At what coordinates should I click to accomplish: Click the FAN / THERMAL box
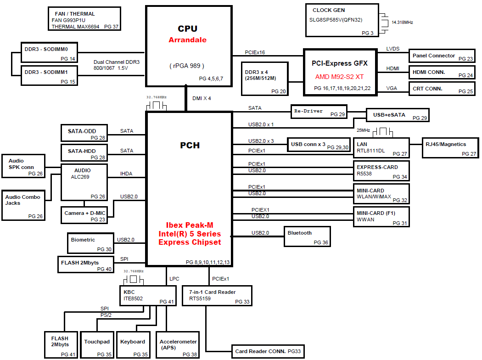tap(84, 19)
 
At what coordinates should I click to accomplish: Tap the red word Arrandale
tap(187, 40)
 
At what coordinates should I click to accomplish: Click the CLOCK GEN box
tap(342, 20)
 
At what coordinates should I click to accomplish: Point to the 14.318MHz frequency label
tap(402, 22)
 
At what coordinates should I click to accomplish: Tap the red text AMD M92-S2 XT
tap(340, 76)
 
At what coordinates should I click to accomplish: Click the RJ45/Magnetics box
tap(450, 147)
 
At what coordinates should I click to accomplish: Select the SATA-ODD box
tap(84, 133)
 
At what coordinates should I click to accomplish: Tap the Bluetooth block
tap(307, 236)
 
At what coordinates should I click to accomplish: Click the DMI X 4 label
tap(202, 98)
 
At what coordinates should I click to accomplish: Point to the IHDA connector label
tap(126, 174)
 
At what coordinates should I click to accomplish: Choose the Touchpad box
tap(97, 344)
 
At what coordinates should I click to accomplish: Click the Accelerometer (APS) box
tap(178, 344)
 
